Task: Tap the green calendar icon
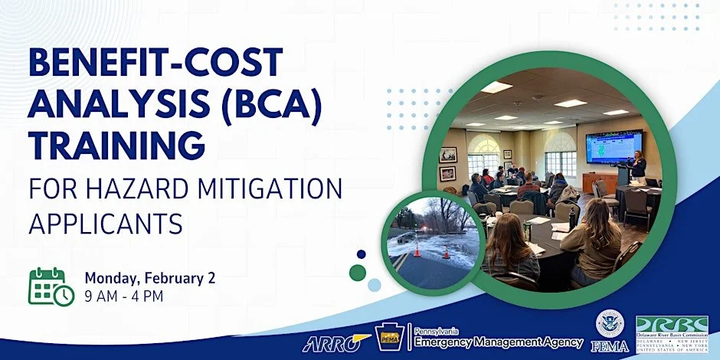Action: tap(51, 286)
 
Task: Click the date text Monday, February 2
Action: tap(149, 277)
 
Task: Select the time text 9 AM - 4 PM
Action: tap(124, 296)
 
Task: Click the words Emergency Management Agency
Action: tap(499, 342)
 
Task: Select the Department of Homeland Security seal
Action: tap(610, 322)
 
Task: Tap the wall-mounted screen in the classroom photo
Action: tap(614, 146)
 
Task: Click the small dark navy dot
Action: tap(362, 254)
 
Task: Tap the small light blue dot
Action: tap(374, 285)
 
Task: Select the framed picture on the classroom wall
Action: tap(447, 155)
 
